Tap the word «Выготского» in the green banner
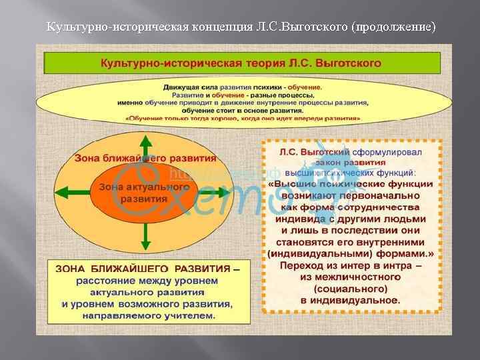pos(350,63)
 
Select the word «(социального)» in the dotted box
pos(353,289)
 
